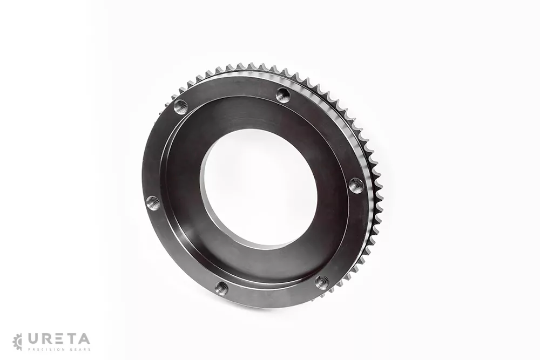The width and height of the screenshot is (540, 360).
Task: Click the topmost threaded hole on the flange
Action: pyautogui.click(x=283, y=94)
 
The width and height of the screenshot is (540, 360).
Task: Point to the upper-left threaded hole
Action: pyautogui.click(x=180, y=107)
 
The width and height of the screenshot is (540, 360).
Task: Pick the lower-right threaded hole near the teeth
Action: pyautogui.click(x=322, y=282)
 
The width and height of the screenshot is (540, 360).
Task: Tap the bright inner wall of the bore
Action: pyautogui.click(x=220, y=220)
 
